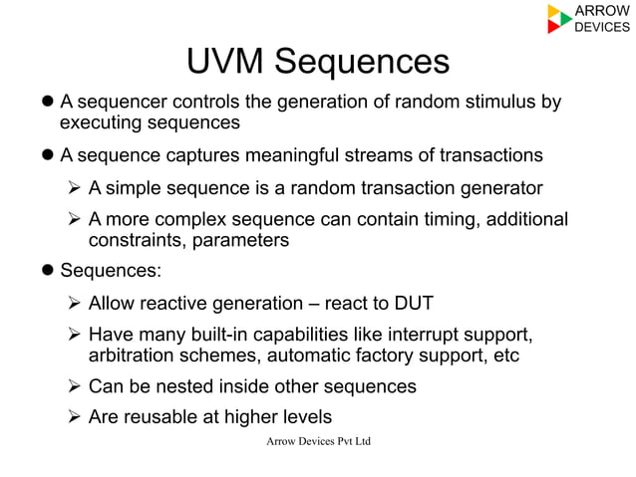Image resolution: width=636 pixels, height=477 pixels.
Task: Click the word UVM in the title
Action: (225, 63)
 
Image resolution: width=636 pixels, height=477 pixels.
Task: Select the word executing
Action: (105, 123)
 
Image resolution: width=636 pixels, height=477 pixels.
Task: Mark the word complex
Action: (210, 220)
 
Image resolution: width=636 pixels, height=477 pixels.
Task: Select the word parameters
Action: (242, 241)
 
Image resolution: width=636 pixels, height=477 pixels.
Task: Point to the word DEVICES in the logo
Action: (603, 27)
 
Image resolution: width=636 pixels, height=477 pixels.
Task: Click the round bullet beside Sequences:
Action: (47, 271)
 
